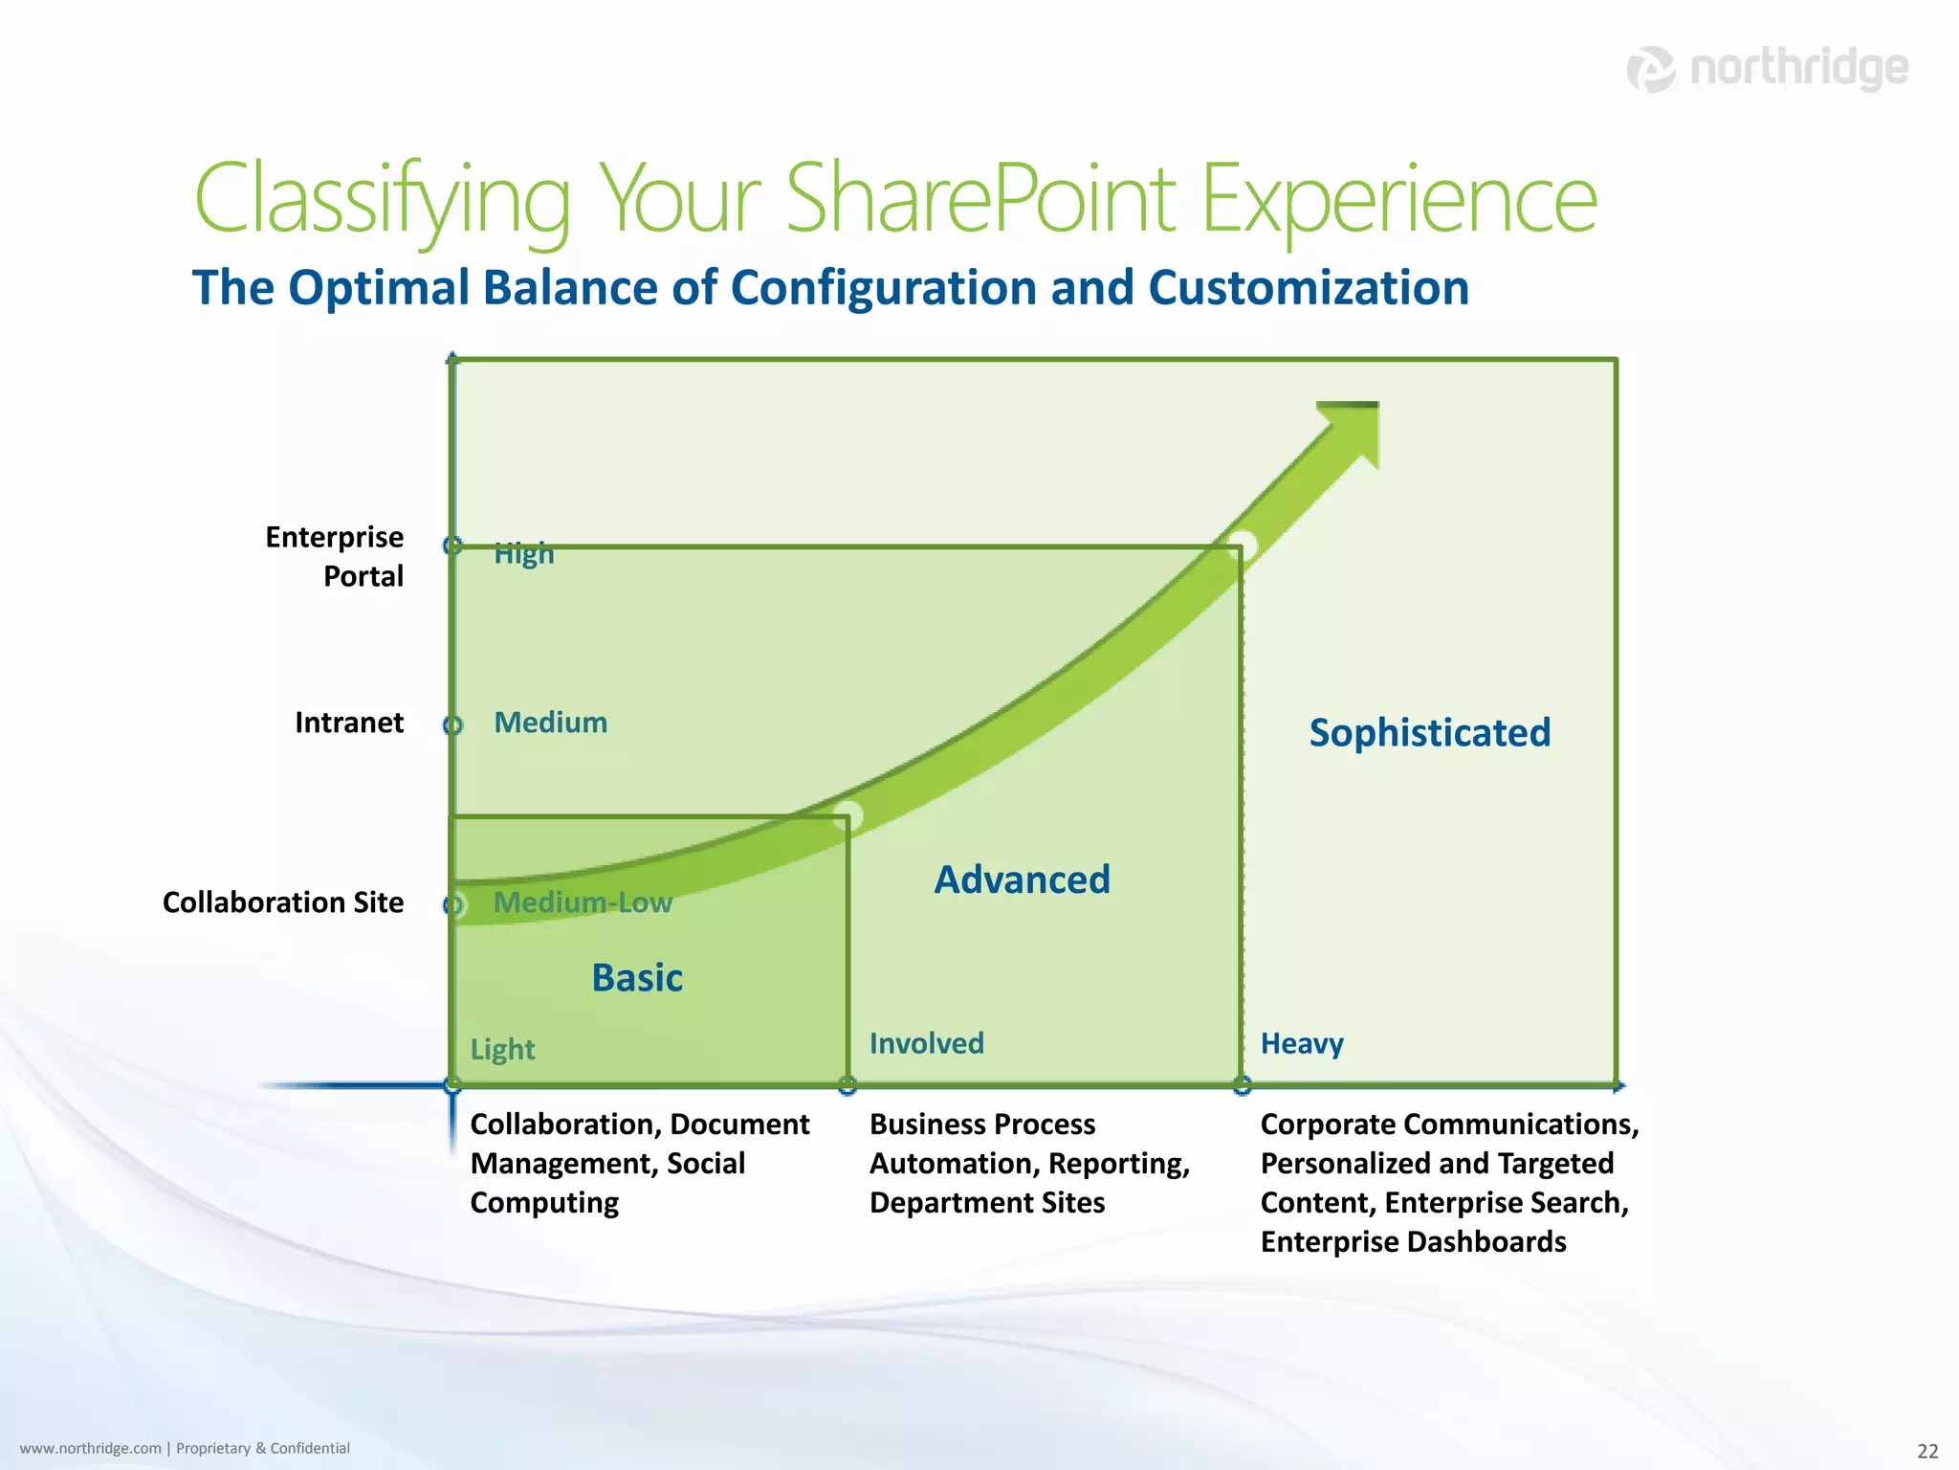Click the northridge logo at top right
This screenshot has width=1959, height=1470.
(x=1768, y=69)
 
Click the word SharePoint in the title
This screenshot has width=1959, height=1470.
(x=980, y=199)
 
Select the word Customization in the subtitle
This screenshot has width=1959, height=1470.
(x=1308, y=288)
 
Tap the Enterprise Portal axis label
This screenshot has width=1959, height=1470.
(x=335, y=556)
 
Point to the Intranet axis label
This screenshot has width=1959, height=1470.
(x=349, y=723)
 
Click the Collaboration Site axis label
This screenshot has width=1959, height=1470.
(x=283, y=902)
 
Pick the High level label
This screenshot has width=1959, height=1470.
(x=523, y=553)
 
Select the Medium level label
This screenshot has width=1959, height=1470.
(x=550, y=723)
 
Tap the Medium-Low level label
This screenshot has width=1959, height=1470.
(x=583, y=902)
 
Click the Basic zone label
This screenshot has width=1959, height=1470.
(x=637, y=978)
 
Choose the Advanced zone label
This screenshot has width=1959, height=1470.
(x=1022, y=880)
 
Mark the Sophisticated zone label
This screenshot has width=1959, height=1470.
(x=1429, y=733)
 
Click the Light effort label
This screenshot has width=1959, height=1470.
(x=502, y=1050)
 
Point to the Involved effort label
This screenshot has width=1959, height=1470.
(x=926, y=1043)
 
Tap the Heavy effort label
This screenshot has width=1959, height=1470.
(x=1301, y=1043)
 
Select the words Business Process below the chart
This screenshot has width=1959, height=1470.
(x=981, y=1125)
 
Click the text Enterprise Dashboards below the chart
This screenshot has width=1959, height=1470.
(x=1413, y=1242)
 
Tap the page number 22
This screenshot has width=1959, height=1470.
(x=1927, y=1451)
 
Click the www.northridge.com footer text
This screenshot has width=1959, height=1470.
(x=91, y=1449)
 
